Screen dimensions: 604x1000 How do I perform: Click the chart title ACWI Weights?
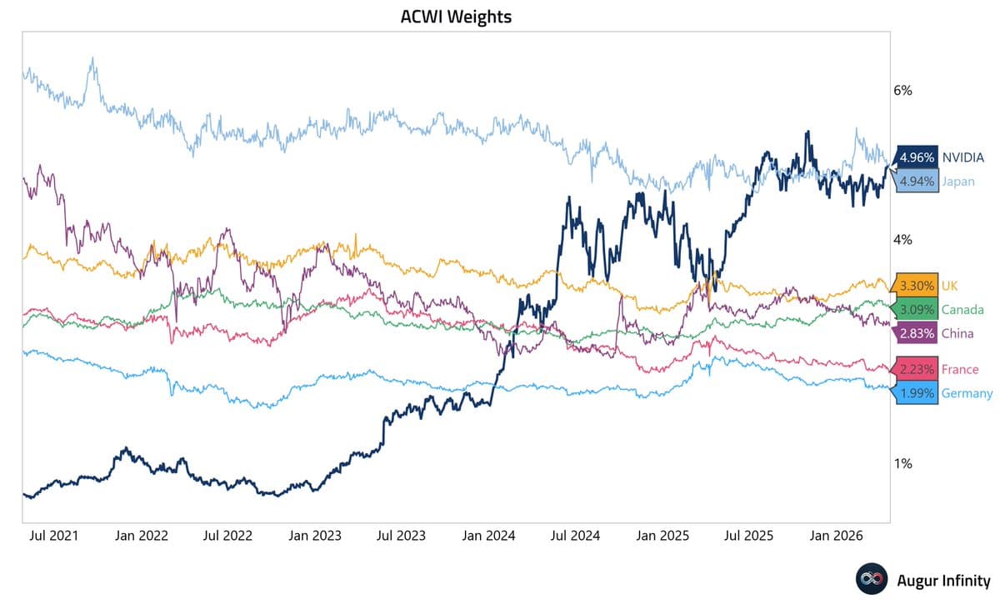click(455, 17)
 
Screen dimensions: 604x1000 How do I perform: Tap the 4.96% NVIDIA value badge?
click(917, 157)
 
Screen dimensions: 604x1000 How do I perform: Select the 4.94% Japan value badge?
click(917, 181)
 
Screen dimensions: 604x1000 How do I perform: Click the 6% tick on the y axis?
click(902, 90)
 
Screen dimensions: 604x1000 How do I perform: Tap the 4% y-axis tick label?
click(902, 240)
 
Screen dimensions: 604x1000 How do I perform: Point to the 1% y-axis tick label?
click(902, 463)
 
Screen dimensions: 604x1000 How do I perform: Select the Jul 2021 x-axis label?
click(53, 536)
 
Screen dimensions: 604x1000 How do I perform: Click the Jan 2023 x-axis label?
click(315, 536)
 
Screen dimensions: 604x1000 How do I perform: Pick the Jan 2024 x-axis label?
click(489, 536)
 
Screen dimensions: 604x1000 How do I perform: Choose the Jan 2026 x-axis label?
click(837, 536)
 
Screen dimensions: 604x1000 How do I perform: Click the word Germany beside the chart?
click(967, 393)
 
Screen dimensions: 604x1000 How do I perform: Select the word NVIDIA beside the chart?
click(963, 157)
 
